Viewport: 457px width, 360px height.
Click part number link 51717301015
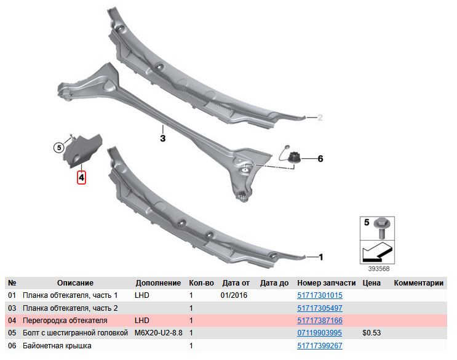pyautogui.click(x=320, y=295)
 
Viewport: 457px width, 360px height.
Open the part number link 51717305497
pyautogui.click(x=320, y=308)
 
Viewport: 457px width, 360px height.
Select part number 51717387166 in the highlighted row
pyautogui.click(x=320, y=321)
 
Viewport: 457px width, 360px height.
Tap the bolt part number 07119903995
pyautogui.click(x=319, y=332)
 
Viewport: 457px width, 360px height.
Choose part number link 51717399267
pyautogui.click(x=320, y=346)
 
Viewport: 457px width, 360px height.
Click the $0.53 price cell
pyautogui.click(x=372, y=332)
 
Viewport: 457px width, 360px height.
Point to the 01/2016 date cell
pyautogui.click(x=234, y=295)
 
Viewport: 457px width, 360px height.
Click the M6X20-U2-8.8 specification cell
pyautogui.click(x=158, y=332)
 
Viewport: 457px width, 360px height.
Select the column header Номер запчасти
pyautogui.click(x=327, y=282)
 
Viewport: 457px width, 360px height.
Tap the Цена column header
pyautogui.click(x=372, y=282)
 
